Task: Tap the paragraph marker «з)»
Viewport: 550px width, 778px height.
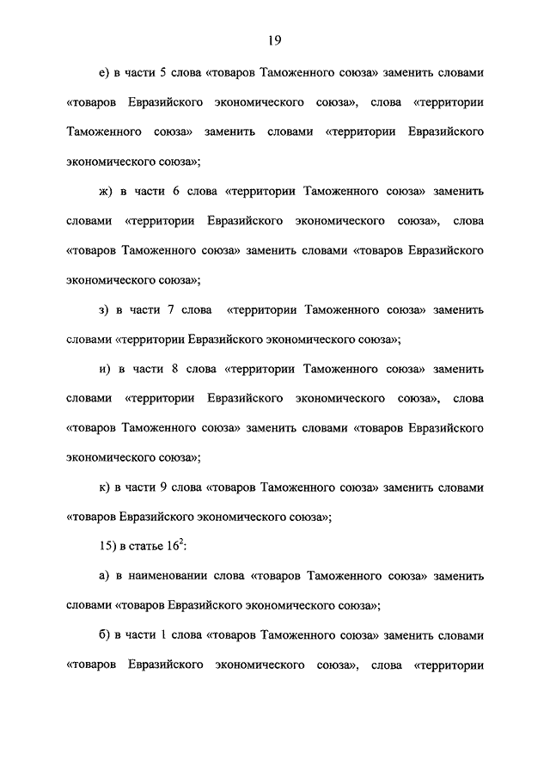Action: pos(105,309)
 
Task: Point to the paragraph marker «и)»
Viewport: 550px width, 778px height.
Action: pos(106,368)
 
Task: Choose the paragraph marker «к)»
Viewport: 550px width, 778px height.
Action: pos(105,487)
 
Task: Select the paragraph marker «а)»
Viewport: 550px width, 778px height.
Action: pos(105,576)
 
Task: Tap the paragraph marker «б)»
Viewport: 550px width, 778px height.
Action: pos(105,635)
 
